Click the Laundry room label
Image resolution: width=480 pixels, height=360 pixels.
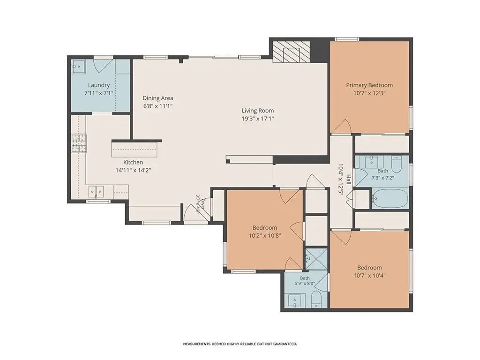98,85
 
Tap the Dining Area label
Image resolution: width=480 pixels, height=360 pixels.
157,98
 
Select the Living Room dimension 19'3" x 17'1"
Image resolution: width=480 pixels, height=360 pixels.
258,119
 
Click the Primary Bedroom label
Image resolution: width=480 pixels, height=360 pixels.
369,85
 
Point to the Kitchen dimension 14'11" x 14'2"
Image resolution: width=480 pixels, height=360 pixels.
133,170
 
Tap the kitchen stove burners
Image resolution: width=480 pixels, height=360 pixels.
79,143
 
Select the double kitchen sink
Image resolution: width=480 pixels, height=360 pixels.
96,192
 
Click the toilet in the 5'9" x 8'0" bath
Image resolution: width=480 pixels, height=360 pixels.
316,299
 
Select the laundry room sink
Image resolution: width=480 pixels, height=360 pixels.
78,66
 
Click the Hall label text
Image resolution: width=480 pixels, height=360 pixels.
349,180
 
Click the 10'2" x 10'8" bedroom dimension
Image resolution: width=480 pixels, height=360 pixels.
265,235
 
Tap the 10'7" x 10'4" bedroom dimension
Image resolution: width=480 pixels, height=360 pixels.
369,275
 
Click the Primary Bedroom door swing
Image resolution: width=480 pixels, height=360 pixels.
341,127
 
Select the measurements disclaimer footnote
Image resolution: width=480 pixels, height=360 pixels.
240,344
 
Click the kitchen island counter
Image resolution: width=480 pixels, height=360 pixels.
136,149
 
